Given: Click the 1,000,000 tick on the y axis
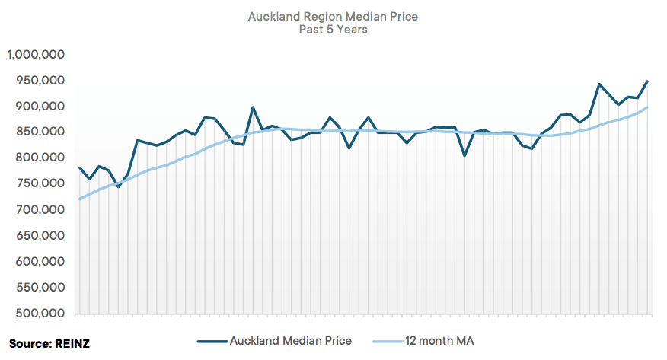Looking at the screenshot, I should point(37,55).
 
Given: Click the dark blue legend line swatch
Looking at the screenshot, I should point(211,341).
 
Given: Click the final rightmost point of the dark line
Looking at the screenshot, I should point(648,81).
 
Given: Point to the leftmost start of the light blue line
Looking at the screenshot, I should point(80,199).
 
